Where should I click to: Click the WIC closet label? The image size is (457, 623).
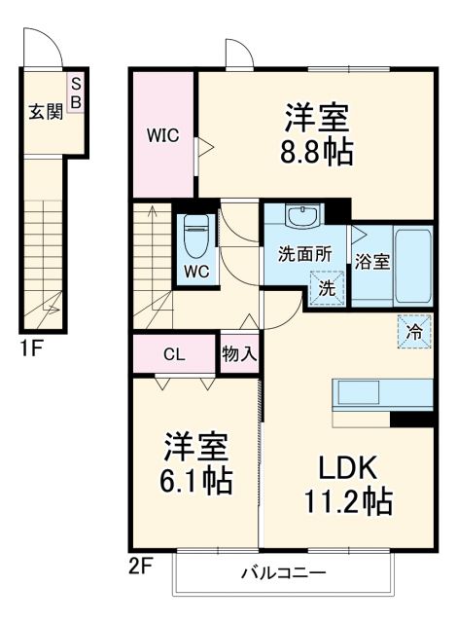[x=163, y=136]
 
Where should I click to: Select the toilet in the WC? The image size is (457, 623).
[x=194, y=234]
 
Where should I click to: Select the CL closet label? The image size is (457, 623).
[x=173, y=353]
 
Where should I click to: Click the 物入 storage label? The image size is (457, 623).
[x=239, y=353]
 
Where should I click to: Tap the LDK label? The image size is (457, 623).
[x=344, y=467]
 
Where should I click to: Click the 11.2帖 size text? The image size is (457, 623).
[x=345, y=502]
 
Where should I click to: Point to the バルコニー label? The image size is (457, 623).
[x=283, y=572]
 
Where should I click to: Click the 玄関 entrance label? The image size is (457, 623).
[x=45, y=110]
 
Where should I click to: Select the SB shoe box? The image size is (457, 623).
[x=76, y=92]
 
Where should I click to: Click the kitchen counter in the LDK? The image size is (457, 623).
[x=382, y=394]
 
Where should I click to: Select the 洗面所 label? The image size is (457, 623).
[x=304, y=254]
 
